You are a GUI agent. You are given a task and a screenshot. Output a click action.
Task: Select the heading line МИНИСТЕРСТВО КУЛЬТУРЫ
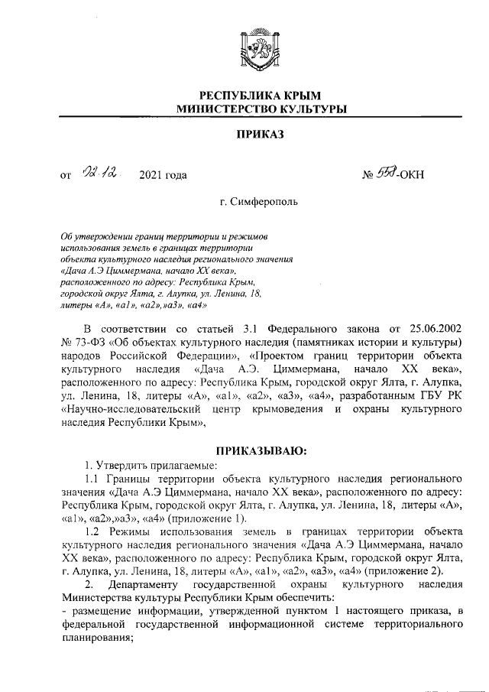pyautogui.click(x=260, y=110)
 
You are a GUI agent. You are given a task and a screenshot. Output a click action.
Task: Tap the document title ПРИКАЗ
pyautogui.click(x=260, y=135)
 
